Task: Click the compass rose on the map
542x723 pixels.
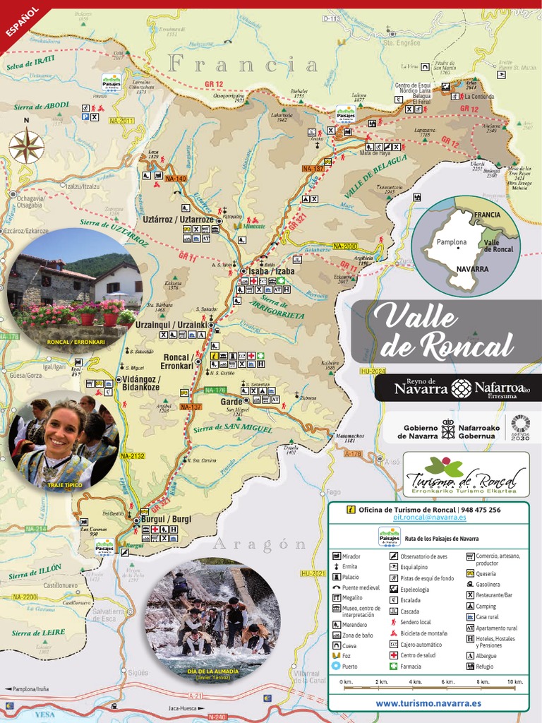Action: pos(26,148)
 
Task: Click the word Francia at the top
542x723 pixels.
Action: pos(243,66)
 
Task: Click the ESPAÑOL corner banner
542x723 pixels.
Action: pos(21,21)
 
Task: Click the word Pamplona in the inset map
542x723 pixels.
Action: pos(451,242)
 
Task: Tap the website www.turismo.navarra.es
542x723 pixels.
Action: pos(428,703)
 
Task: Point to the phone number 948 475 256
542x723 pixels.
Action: pos(481,510)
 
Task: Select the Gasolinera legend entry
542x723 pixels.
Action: pos(488,584)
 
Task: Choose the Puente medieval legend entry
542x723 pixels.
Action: pos(361,587)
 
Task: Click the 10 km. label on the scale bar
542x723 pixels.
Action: pos(514,682)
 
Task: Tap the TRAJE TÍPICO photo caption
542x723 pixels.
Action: pos(61,486)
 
